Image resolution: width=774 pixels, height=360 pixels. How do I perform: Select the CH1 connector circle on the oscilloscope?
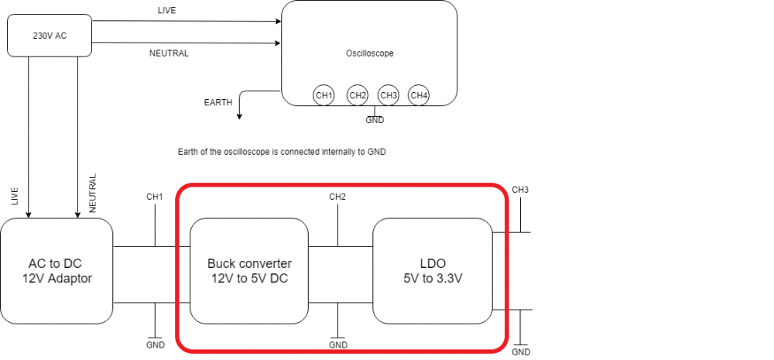(x=324, y=95)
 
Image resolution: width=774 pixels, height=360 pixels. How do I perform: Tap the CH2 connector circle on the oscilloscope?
(x=358, y=95)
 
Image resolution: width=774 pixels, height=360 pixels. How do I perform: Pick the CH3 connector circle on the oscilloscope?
(x=388, y=95)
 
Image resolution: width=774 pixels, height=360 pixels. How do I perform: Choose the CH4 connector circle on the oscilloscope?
(x=419, y=95)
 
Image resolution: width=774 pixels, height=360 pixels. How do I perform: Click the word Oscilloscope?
(x=370, y=53)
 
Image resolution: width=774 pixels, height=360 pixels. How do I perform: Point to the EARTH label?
(x=217, y=102)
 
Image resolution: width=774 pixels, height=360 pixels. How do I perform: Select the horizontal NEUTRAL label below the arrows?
(x=169, y=53)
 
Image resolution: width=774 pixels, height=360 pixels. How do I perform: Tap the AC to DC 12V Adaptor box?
(x=56, y=271)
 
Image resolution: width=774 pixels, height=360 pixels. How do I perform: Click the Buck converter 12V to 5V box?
(x=249, y=271)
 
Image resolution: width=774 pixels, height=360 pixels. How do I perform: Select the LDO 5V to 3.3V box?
(x=433, y=271)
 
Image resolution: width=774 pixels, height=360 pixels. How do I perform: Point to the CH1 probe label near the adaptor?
(x=155, y=197)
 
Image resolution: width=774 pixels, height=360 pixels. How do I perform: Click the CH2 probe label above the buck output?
(x=337, y=197)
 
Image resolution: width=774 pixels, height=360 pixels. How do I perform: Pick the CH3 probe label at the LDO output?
(x=521, y=190)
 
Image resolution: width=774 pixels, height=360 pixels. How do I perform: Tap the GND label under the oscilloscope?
(x=375, y=120)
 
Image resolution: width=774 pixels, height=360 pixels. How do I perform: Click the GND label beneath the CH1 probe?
(x=155, y=345)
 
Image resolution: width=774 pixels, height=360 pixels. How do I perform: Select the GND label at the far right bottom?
(x=521, y=352)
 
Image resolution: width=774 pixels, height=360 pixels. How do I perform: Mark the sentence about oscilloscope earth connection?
(x=282, y=153)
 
